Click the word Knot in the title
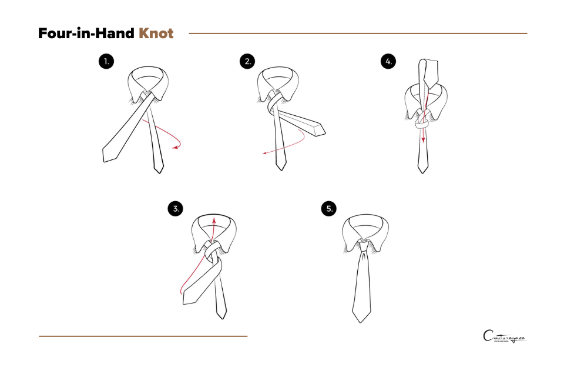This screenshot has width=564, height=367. click(x=156, y=34)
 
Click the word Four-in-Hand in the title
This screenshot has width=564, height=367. click(x=86, y=34)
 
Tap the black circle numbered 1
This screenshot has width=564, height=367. click(x=106, y=61)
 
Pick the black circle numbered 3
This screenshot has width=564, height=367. click(x=176, y=208)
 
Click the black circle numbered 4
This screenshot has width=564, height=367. click(x=388, y=61)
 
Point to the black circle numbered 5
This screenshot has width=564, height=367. click(x=330, y=208)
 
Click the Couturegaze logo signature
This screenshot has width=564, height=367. click(x=504, y=338)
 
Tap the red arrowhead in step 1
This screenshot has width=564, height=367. click(x=174, y=148)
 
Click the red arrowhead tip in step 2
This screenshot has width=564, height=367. click(x=264, y=153)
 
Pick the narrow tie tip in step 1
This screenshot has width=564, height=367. click(x=159, y=168)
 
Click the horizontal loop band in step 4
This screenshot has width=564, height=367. click(x=422, y=125)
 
